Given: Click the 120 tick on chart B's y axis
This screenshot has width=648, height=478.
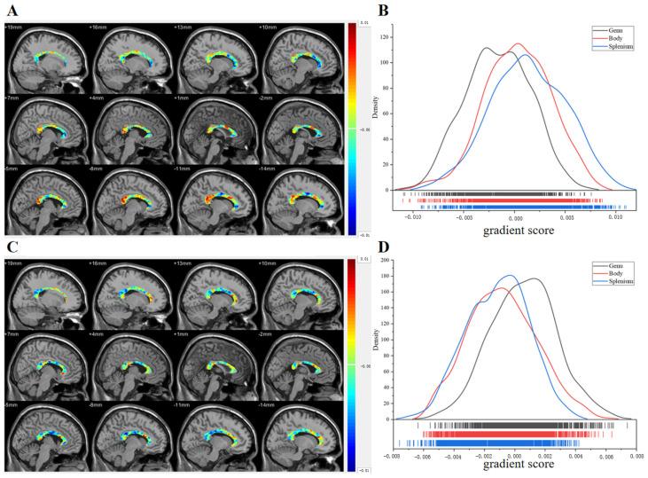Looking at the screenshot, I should [x=385, y=38].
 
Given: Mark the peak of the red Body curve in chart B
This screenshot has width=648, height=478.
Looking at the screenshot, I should [x=517, y=43].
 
